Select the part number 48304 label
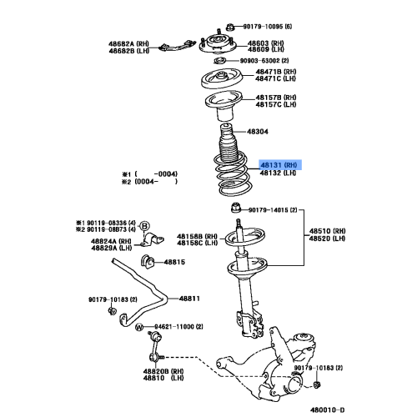click(257, 132)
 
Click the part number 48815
click(173, 263)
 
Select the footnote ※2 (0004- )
click(150, 181)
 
